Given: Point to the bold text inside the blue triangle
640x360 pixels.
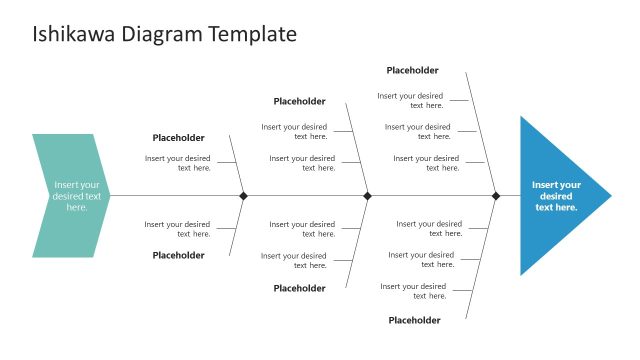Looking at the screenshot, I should click(556, 196).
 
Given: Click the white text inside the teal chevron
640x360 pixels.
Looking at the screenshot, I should click(77, 196).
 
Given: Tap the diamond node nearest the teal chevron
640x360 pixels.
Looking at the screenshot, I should click(243, 196).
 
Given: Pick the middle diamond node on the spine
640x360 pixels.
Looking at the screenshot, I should click(367, 196).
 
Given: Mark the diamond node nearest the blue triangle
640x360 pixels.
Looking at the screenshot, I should click(495, 196).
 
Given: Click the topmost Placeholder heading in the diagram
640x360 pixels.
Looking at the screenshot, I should click(413, 70).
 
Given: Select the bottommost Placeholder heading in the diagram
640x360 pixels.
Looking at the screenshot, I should click(414, 320).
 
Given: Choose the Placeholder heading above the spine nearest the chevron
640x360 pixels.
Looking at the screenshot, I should click(178, 138).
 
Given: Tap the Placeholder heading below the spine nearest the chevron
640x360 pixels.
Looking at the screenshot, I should click(178, 255).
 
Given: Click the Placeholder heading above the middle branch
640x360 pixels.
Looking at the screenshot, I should click(299, 101).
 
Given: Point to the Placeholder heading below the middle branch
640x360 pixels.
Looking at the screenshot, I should click(299, 288).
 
